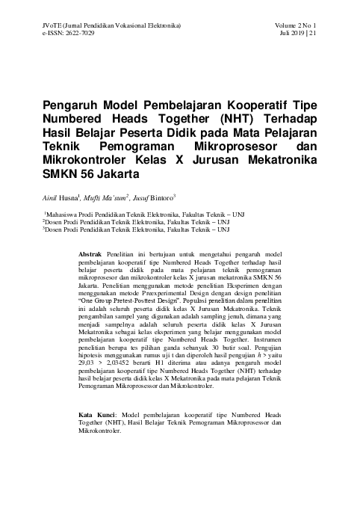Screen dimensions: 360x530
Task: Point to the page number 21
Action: pyautogui.click(x=312, y=34)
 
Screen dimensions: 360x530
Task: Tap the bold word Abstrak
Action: pyautogui.click(x=91, y=255)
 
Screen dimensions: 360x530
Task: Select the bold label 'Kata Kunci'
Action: pyautogui.click(x=96, y=413)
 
